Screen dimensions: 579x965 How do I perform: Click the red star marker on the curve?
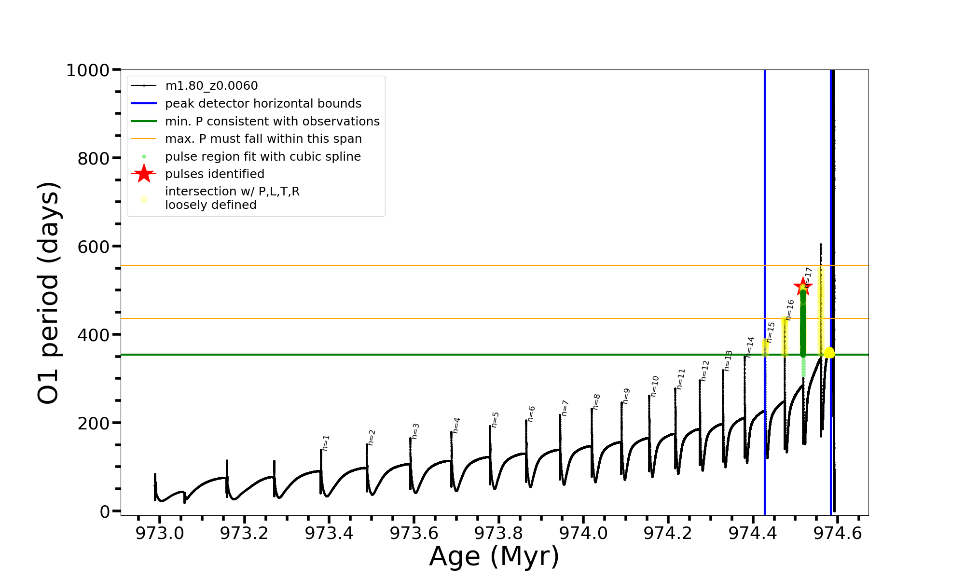(803, 286)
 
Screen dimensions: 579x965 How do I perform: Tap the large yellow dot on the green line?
(829, 353)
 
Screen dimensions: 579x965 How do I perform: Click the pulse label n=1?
(326, 443)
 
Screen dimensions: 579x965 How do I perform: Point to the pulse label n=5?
(495, 420)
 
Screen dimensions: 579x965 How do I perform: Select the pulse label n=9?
(626, 396)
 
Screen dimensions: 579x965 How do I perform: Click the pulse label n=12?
(705, 371)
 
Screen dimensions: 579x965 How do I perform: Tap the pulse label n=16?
(790, 310)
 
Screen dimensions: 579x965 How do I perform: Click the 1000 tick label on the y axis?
(88, 70)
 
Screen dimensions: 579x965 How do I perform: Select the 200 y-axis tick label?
(94, 423)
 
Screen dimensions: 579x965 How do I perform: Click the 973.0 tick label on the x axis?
(160, 533)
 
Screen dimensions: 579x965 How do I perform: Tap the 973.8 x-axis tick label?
(498, 533)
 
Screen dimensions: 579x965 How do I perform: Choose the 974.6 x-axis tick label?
(838, 533)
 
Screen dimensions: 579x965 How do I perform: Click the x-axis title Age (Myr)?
(494, 556)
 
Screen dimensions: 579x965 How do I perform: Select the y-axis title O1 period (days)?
(48, 293)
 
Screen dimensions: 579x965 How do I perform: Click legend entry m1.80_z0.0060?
(211, 86)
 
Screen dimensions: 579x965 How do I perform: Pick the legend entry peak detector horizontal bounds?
(263, 104)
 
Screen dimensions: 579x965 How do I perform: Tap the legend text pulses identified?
(215, 174)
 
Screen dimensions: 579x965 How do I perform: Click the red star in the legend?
(144, 174)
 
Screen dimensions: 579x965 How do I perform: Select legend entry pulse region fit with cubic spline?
(263, 157)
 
